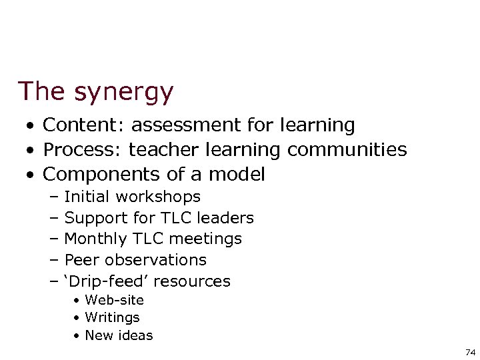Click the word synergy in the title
click(x=123, y=92)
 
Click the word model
click(x=237, y=175)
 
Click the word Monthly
click(x=97, y=239)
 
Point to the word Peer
click(x=81, y=260)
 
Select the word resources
click(x=196, y=281)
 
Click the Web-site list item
click(x=114, y=300)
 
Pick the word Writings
click(x=112, y=318)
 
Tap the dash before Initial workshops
click(x=54, y=197)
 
